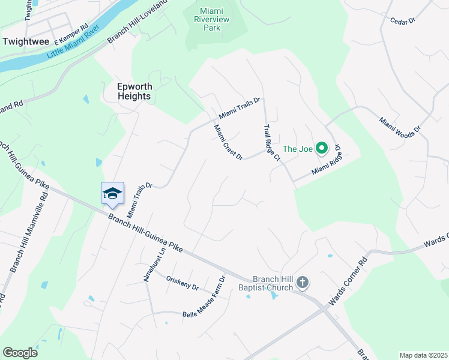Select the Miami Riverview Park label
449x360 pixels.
point(215,19)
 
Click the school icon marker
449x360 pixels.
point(113,193)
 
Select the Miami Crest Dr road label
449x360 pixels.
point(228,142)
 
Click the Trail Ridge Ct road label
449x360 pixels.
point(273,143)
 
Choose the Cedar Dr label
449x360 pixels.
point(403,21)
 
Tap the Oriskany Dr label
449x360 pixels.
point(182,283)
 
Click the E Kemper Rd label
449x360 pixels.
point(71,35)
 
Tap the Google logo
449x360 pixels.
point(20,353)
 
